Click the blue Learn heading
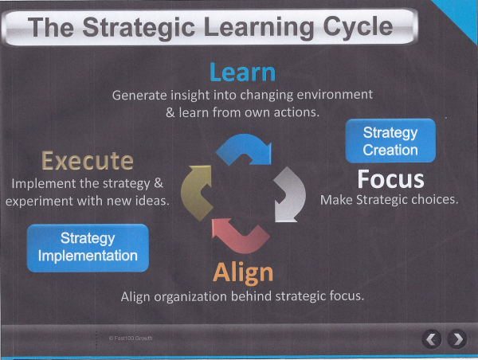(242, 72)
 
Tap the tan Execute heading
(88, 161)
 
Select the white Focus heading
(390, 178)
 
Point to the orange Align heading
(243, 273)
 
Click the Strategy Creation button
(390, 141)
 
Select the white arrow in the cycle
(289, 196)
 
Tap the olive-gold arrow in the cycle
(197, 192)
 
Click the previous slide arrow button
(431, 339)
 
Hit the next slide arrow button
(456, 339)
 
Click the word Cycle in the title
(351, 28)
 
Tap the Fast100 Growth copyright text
(130, 338)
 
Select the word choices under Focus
(431, 199)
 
